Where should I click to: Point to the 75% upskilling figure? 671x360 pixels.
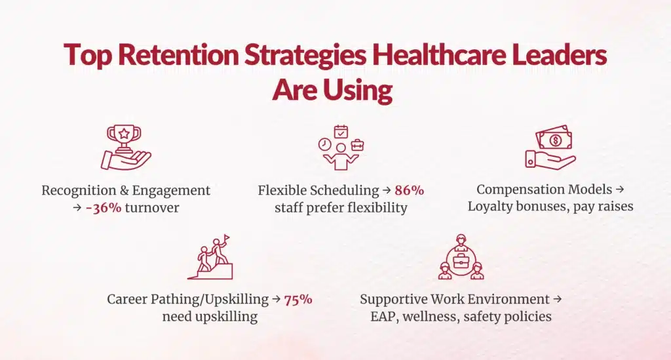298,300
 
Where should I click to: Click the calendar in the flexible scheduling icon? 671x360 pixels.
341,131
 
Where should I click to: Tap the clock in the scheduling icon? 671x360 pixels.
325,145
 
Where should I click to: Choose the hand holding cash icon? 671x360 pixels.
550,149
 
